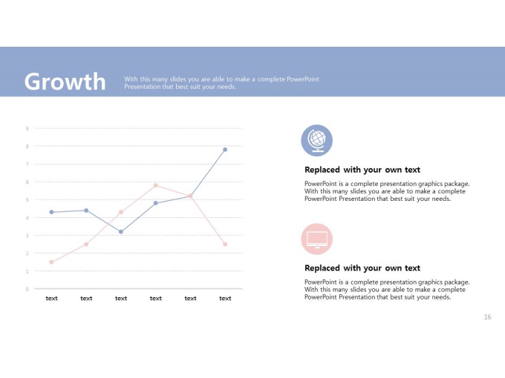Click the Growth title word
65,82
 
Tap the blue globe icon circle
316,141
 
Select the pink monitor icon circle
316,239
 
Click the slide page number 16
487,317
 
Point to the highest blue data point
225,150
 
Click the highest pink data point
155,185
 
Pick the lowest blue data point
121,232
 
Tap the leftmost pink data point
51,262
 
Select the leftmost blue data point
51,212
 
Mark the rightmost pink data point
225,245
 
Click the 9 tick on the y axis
27,128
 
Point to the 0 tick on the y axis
27,289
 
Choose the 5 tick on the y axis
27,199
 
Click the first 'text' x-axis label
51,298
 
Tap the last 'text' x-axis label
225,298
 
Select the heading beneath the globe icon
362,170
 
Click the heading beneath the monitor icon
362,268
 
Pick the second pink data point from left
86,245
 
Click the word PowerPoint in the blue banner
303,79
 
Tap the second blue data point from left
86,210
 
